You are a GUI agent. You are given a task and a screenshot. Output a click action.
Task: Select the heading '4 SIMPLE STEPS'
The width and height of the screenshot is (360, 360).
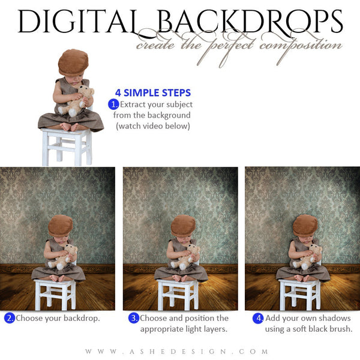click(x=153, y=93)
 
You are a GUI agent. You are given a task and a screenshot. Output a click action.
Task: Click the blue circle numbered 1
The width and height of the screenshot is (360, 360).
click(x=113, y=104)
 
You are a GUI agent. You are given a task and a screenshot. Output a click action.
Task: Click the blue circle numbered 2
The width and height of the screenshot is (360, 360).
click(x=9, y=318)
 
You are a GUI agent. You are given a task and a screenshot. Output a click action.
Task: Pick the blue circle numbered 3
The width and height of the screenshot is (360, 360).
click(x=133, y=318)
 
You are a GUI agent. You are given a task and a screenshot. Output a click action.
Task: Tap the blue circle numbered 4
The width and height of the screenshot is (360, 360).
click(x=258, y=318)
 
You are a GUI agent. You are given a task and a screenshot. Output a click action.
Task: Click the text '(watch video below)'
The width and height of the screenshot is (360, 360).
click(x=153, y=126)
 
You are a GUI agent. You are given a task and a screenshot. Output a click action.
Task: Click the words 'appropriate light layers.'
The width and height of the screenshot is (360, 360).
click(x=184, y=329)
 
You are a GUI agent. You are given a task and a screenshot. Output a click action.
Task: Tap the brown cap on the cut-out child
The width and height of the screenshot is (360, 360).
click(x=73, y=60)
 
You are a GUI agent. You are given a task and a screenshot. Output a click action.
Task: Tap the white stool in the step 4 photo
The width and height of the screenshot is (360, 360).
click(x=299, y=293)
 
